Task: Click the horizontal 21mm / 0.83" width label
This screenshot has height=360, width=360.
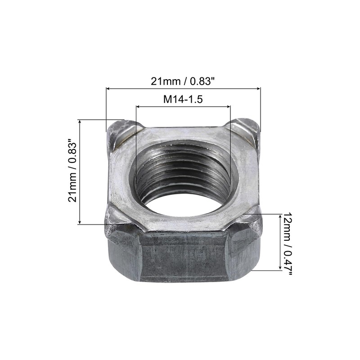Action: [x=183, y=81]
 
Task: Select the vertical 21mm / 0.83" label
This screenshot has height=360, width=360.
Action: [x=73, y=172]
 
